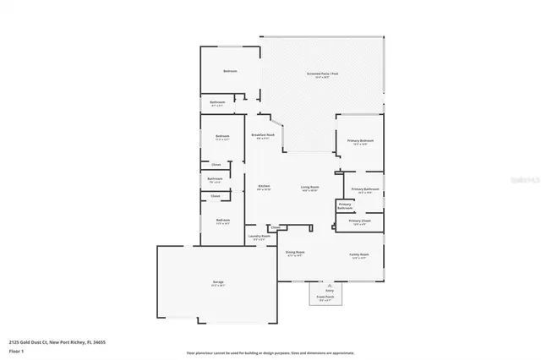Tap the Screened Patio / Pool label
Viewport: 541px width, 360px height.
point(322,74)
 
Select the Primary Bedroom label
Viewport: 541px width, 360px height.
point(359,141)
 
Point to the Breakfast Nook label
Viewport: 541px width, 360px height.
point(263,135)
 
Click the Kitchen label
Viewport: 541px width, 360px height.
point(264,186)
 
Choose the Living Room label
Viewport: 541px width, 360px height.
point(309,187)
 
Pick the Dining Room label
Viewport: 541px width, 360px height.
point(294,253)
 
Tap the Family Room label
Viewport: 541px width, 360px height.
point(359,254)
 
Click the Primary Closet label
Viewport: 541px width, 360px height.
point(358,221)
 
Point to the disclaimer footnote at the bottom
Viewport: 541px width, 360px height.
point(270,351)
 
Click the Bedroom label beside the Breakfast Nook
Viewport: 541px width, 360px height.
point(222,137)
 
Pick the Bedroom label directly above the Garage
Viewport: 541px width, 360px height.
point(222,223)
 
